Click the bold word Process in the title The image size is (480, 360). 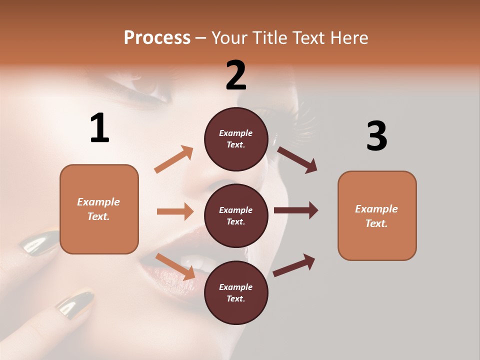(157, 37)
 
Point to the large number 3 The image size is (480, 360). (376, 136)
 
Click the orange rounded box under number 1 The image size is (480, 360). (99, 209)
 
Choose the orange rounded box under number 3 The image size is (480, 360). (377, 215)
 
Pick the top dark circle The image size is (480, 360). (236, 138)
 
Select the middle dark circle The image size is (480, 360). (236, 215)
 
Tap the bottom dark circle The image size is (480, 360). (236, 292)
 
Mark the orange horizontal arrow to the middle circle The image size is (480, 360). (175, 211)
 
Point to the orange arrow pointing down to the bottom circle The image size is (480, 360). (175, 266)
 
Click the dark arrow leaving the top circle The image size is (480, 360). (297, 160)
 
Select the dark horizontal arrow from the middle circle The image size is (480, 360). (296, 210)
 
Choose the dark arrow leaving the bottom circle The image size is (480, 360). (294, 265)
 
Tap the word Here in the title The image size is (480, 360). (350, 37)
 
